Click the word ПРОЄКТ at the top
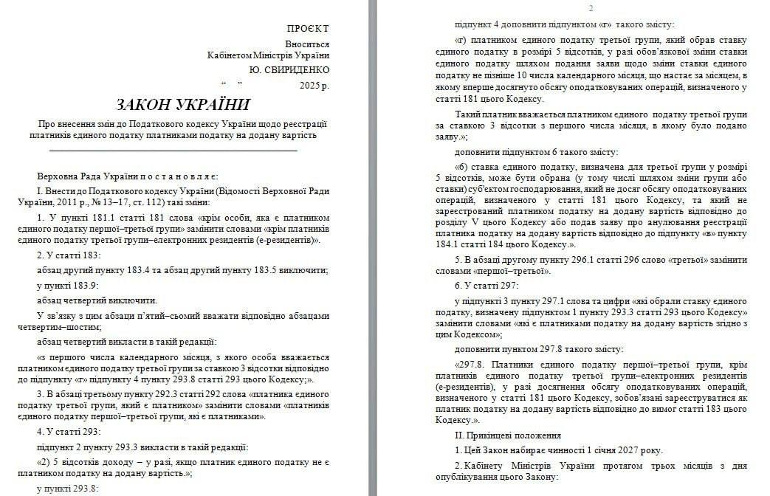tap(307, 28)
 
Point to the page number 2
tap(591, 8)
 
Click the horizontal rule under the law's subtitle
tap(173, 151)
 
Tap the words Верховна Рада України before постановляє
tap(88, 176)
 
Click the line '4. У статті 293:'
tap(69, 432)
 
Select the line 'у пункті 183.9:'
tap(67, 285)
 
